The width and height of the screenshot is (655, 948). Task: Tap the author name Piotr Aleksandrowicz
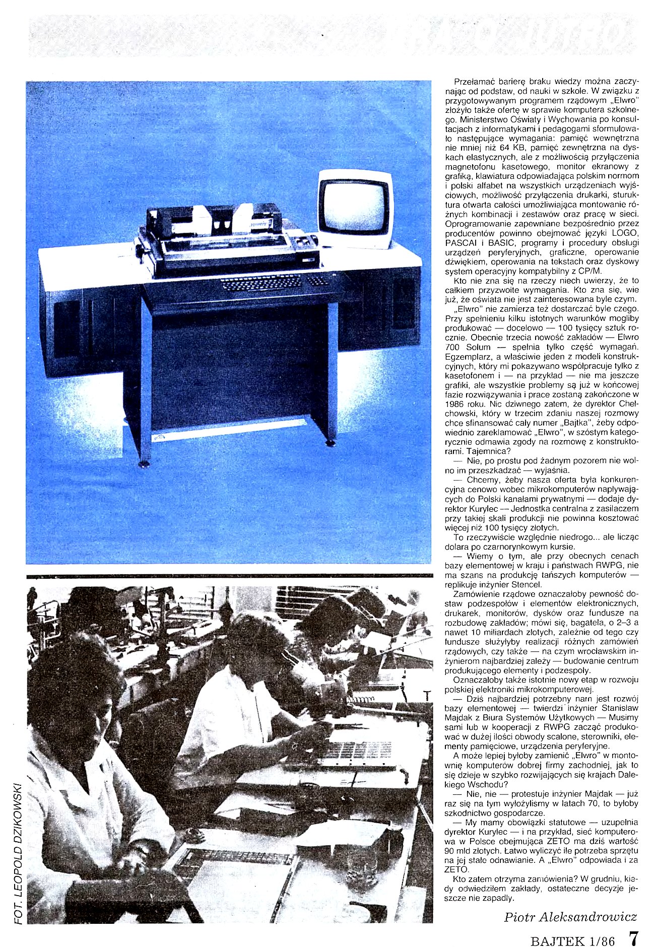point(570,917)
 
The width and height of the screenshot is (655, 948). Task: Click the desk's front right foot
point(331,443)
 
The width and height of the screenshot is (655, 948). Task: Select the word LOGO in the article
point(625,233)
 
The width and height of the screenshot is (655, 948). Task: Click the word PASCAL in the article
point(459,243)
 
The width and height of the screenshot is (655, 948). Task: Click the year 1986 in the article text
point(454,403)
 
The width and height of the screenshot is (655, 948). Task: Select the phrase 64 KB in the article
point(511,148)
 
